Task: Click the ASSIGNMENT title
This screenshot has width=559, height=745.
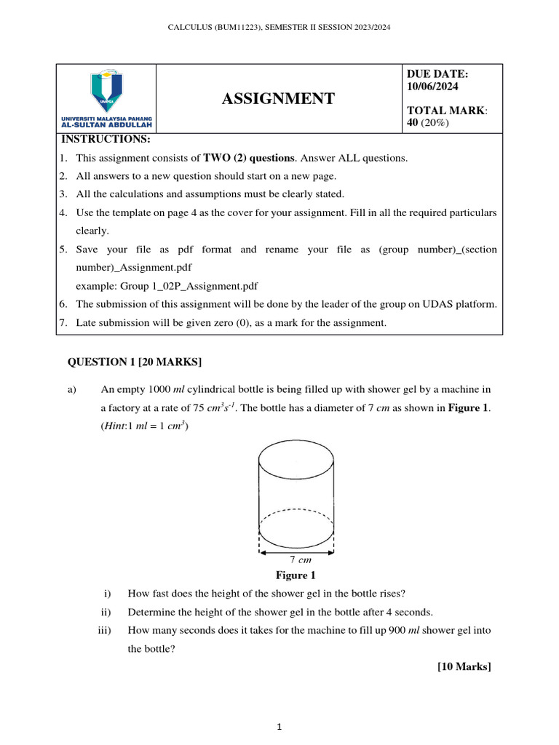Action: click(278, 99)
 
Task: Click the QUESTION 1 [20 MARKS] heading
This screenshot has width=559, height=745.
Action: click(135, 362)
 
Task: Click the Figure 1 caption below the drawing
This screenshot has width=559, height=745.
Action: click(296, 575)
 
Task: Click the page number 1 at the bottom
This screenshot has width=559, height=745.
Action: click(279, 727)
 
